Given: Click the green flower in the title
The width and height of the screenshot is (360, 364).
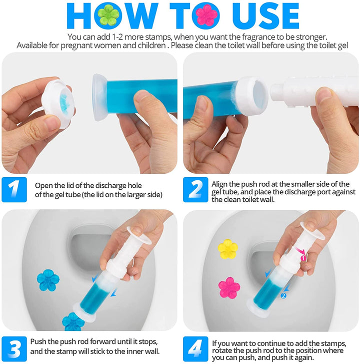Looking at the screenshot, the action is tap(108, 15).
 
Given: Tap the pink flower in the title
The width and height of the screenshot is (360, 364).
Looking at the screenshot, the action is tap(206, 15).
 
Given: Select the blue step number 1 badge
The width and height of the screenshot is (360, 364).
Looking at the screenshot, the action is tap(14, 189).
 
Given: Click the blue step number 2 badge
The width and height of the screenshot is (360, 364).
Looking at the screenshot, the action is tap(195, 189).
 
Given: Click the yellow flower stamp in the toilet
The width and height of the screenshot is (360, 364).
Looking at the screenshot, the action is tap(227, 249).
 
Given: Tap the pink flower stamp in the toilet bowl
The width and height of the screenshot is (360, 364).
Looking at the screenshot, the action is tap(229, 288).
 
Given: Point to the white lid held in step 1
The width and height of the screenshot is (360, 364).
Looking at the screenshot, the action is tap(58, 104).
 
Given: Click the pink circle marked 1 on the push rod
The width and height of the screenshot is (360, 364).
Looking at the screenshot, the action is tap(303, 258).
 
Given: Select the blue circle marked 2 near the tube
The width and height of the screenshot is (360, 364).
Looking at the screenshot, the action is tap(283, 295).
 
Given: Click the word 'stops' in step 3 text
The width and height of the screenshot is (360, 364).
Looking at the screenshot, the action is tap(148, 341).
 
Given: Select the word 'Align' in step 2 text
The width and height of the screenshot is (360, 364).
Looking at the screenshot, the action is tap(219, 184).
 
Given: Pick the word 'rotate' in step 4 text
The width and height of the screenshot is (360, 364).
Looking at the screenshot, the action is tap(221, 350).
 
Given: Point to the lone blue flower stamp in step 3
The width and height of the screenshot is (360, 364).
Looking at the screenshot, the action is tap(48, 280).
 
